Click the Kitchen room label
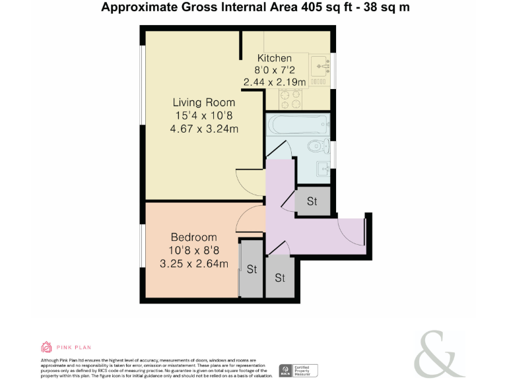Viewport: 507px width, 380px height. click(274, 58)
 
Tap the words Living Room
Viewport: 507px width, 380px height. click(204, 102)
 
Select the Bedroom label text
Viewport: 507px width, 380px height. click(193, 237)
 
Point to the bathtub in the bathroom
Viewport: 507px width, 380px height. click(298, 123)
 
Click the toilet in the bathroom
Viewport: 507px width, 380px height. click(318, 145)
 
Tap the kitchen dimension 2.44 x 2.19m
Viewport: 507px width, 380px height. click(274, 82)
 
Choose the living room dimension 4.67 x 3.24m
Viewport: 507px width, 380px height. click(204, 129)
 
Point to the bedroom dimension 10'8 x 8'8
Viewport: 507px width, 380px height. click(193, 251)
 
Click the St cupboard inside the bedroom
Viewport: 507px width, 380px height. click(252, 269)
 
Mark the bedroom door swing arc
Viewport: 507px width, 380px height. click(250, 218)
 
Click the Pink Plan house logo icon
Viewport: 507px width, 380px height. click(46, 347)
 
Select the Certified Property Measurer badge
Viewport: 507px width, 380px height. click(298, 370)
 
